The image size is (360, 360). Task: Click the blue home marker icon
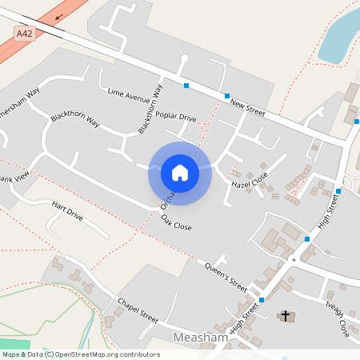(179, 173)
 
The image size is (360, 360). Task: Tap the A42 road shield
(26, 33)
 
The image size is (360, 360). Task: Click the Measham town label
(201, 338)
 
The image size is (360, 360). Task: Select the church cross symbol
(284, 316)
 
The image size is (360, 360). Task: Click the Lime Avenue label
(128, 97)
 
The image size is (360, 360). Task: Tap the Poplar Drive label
(176, 117)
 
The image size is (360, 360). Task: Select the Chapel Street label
(138, 309)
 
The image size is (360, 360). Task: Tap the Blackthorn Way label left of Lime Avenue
(74, 122)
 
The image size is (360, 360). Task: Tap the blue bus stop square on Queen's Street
(262, 300)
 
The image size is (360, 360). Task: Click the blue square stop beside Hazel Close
(307, 238)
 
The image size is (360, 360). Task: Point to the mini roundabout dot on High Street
(294, 259)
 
